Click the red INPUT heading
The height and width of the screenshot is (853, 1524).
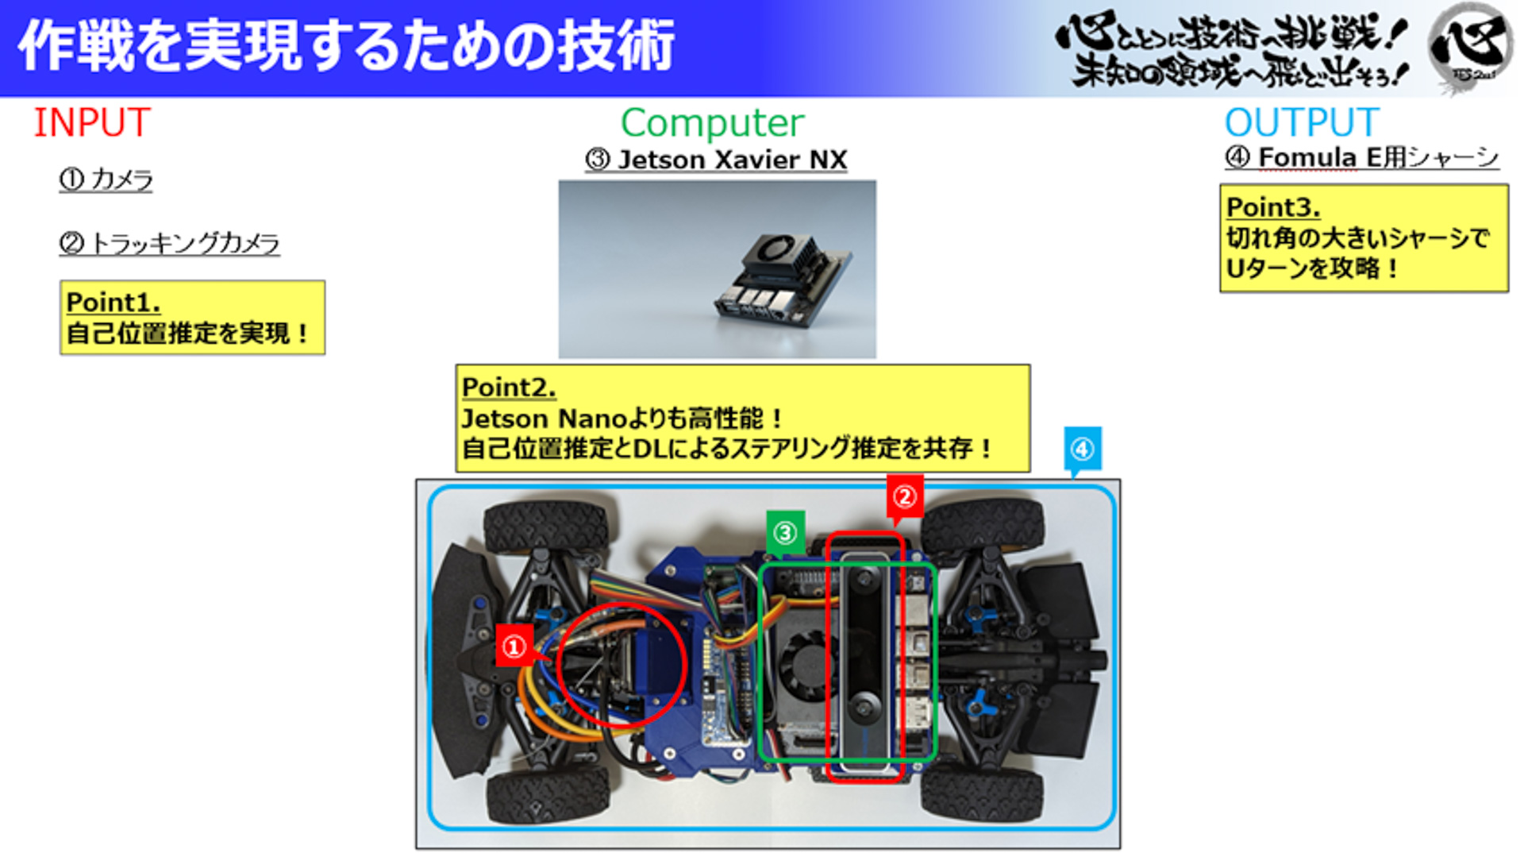coord(92,123)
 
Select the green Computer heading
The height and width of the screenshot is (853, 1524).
coord(712,123)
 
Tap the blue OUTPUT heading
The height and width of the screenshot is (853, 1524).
coord(1301,123)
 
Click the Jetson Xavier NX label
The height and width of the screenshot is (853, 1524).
coord(716,160)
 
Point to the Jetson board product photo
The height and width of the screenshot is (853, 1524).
coord(717,268)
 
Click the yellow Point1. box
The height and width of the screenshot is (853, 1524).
coord(192,318)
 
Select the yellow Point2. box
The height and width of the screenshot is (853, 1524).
coord(742,418)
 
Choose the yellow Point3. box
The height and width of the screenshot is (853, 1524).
coord(1363,238)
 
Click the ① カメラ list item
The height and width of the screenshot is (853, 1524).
coord(106,179)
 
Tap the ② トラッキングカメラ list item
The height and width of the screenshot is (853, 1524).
coord(169,243)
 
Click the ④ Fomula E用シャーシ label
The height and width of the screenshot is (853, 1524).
coord(1361,157)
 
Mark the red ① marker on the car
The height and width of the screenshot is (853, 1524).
coord(514,647)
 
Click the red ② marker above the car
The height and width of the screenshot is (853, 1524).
coord(904,496)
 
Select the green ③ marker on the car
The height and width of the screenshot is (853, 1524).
coord(785,532)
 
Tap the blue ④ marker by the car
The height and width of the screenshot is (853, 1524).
coord(1082,450)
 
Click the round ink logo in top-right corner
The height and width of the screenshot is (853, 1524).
coord(1471,48)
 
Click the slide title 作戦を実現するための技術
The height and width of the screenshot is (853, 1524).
coord(346,46)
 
